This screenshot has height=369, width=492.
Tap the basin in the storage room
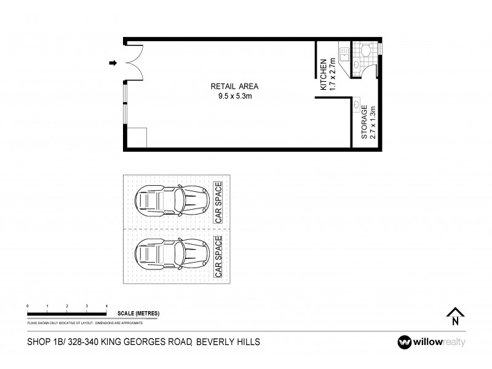357,105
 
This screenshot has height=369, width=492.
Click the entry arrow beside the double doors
113,63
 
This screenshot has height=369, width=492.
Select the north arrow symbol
454,315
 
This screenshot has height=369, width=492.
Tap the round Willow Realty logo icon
405,342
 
